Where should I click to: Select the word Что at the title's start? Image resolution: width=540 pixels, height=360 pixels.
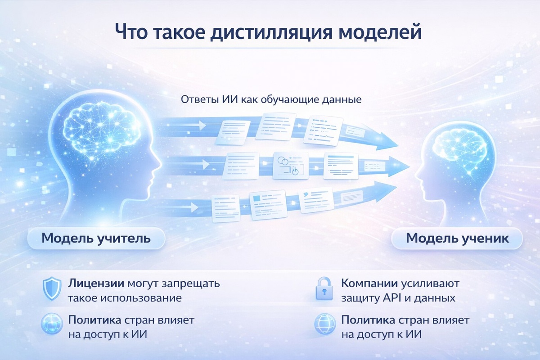(132, 33)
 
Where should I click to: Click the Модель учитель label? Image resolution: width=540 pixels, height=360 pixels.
(96, 238)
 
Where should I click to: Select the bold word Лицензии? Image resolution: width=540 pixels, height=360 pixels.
(96, 284)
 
